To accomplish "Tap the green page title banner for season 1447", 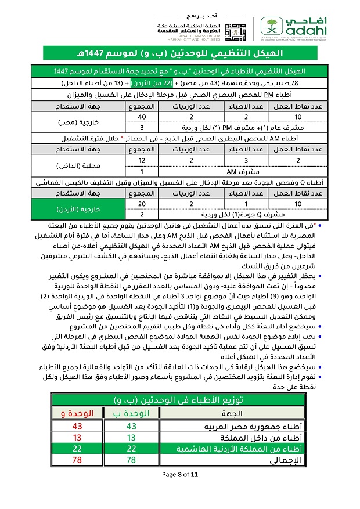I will pos(180,54).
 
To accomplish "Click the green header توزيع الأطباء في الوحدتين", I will pos(180,400).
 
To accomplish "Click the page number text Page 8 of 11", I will pos(180,474).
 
